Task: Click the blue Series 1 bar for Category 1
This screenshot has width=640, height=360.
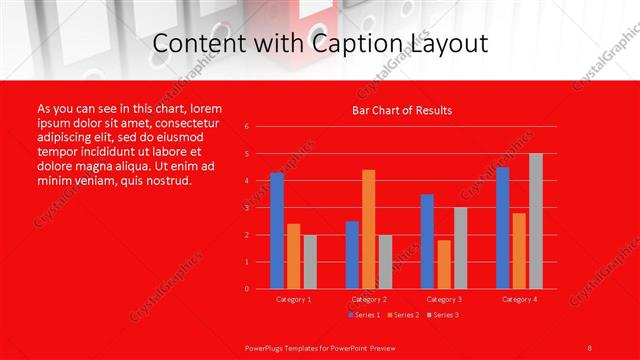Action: tap(277, 231)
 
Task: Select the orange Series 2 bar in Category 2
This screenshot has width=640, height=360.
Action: tap(369, 229)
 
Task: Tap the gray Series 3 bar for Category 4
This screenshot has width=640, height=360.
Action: tap(535, 221)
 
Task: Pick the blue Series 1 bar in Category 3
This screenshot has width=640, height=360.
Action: tap(427, 241)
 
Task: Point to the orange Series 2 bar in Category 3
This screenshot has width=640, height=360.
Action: tap(444, 264)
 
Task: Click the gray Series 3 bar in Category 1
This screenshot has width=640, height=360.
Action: tap(310, 262)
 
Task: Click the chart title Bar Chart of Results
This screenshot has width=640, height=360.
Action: tap(402, 110)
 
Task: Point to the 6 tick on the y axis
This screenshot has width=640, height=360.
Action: tap(246, 127)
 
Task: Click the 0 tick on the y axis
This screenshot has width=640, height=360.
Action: tap(246, 289)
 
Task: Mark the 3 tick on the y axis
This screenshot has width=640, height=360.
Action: tap(246, 208)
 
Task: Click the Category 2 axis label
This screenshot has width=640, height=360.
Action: tap(369, 299)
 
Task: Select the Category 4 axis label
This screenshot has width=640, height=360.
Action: tap(519, 299)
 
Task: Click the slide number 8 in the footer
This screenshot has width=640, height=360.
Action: tap(590, 347)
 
